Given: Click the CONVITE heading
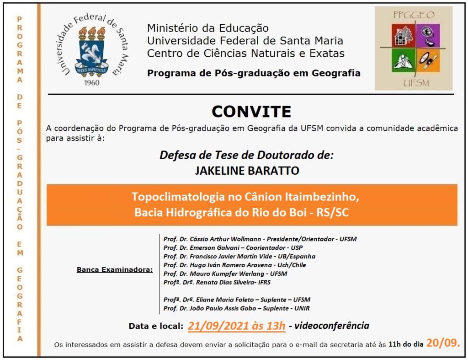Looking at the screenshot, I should click(x=251, y=112).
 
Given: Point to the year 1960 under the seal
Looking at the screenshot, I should click(x=93, y=83).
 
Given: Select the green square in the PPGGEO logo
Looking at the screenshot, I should click(x=402, y=61).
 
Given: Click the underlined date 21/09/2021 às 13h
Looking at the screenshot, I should click(x=236, y=326).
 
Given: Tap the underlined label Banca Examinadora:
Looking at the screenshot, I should click(x=115, y=270).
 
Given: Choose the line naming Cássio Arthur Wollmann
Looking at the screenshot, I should click(x=260, y=239).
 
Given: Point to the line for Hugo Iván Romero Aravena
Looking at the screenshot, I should click(x=234, y=265).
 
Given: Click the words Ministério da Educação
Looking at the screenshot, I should click(x=208, y=28).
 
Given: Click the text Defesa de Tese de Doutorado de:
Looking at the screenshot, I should click(x=247, y=155).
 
